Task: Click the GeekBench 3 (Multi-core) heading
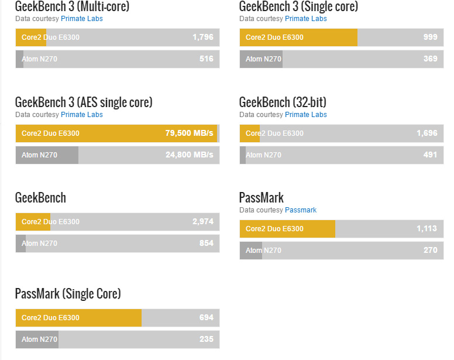(x=72, y=6)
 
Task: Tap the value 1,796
(x=202, y=37)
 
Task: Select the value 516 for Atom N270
(x=206, y=59)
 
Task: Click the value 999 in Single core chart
(x=430, y=37)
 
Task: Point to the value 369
(x=430, y=59)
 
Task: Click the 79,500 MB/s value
(x=189, y=133)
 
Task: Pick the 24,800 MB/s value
(x=190, y=155)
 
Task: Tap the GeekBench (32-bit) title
(x=283, y=102)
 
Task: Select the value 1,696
(x=427, y=133)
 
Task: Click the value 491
(x=430, y=155)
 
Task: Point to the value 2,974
(x=202, y=221)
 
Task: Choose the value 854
(x=206, y=244)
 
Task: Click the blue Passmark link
(x=301, y=210)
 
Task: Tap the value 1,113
(x=427, y=229)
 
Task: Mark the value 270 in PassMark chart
(x=430, y=250)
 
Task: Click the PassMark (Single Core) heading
(x=68, y=294)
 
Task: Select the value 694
(x=206, y=318)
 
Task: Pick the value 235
(x=206, y=339)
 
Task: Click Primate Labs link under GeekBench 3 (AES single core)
(x=82, y=115)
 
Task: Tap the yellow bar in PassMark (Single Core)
(x=78, y=318)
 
